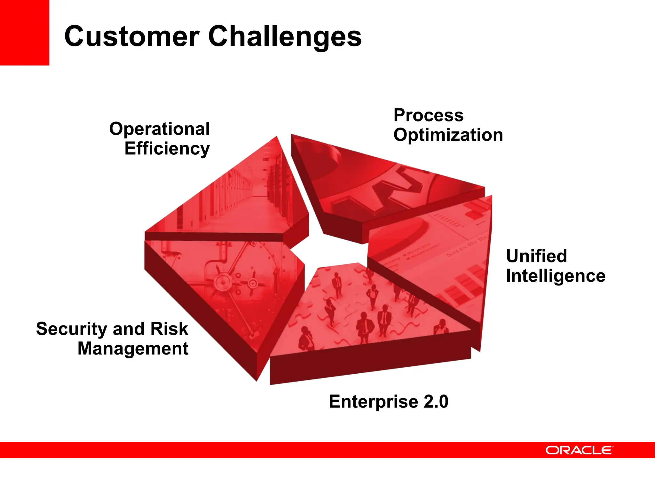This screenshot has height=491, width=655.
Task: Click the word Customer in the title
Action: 132,36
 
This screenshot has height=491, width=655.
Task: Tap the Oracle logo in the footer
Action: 579,450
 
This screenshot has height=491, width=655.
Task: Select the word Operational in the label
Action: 159,129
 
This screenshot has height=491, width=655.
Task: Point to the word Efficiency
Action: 167,149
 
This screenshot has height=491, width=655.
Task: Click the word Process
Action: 428,115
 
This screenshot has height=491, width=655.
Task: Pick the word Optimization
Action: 448,135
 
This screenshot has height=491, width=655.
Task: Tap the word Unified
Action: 536,256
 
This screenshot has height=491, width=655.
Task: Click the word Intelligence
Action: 556,276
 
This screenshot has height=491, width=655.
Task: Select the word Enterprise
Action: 373,401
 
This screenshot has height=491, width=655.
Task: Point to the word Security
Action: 72,329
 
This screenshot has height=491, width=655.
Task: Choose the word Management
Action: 133,348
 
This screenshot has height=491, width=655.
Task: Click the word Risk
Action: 169,329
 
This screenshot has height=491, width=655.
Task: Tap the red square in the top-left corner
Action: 24,32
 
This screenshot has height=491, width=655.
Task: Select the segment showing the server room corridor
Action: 243,198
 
